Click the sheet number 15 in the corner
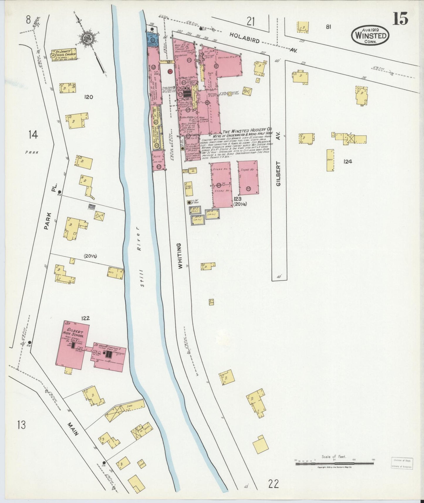coord(400,19)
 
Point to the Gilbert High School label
coord(73,333)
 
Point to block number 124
coord(348,161)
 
